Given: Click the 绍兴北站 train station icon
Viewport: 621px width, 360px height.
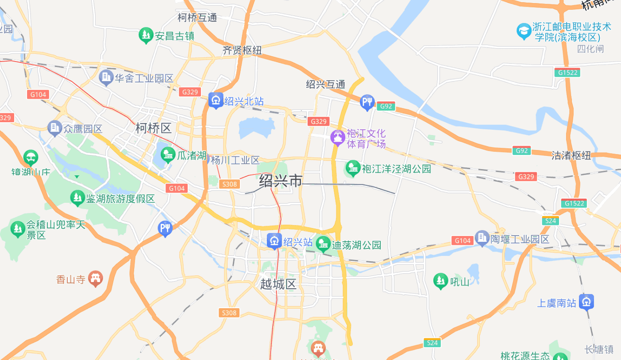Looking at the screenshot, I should point(216,101).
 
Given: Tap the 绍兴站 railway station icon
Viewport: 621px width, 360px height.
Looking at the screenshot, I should point(274,241).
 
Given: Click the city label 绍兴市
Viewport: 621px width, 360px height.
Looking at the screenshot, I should point(281,181).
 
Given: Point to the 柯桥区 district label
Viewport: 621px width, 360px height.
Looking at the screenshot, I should point(153,128).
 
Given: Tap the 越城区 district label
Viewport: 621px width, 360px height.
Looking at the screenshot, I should point(278,284).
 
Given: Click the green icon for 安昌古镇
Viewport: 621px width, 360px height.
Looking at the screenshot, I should point(146,35).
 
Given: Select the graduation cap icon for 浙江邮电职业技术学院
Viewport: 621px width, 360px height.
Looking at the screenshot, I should point(524,31).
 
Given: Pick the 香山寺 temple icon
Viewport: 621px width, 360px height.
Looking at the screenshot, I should point(95,279).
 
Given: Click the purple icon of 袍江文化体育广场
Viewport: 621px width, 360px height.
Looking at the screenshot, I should point(338,138).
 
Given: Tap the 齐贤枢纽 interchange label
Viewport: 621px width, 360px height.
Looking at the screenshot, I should point(242,50).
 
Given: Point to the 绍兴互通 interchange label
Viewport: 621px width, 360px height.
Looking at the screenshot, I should point(325,84).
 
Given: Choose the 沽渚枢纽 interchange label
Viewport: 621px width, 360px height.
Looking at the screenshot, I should point(571,155).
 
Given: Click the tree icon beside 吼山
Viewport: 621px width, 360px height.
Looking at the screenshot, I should point(440,281).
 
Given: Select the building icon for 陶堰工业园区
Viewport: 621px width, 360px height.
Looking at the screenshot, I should point(482,239).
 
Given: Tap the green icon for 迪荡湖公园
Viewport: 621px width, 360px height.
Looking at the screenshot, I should point(323,244).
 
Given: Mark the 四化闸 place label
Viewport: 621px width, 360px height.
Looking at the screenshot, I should point(590,49).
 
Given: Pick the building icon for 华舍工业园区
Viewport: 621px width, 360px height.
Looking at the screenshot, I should point(106,78).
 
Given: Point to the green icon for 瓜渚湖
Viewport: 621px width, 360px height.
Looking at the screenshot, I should point(168,155).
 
